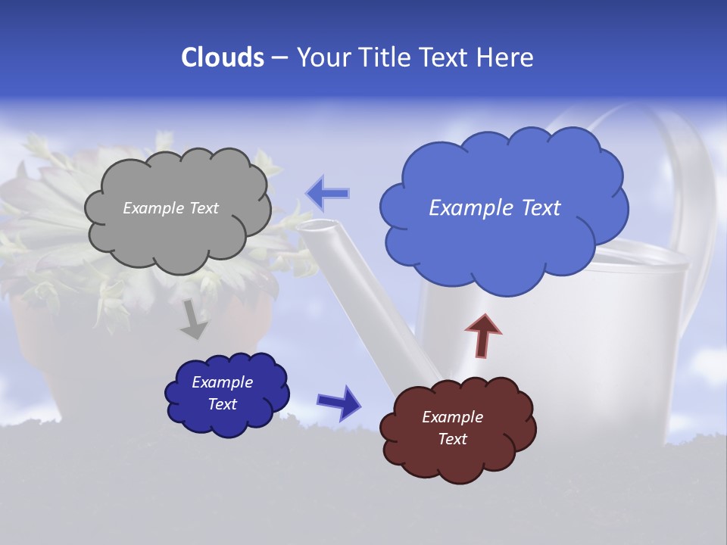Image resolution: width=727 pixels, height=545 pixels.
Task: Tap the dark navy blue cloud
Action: (x=227, y=420)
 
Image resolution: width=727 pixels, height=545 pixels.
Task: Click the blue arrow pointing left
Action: (x=328, y=193)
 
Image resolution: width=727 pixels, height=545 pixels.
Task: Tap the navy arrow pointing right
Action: (x=339, y=402)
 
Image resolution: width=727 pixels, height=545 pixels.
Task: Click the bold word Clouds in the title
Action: (x=222, y=58)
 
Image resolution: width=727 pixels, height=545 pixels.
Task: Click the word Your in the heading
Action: (x=323, y=58)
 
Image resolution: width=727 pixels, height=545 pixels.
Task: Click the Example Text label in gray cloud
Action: (x=170, y=208)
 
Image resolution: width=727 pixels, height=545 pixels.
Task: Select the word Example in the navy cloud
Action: (x=222, y=382)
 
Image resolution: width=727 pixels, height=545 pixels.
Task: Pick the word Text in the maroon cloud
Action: (x=452, y=439)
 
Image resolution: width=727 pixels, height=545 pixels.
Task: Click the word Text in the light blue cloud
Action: (x=535, y=208)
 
